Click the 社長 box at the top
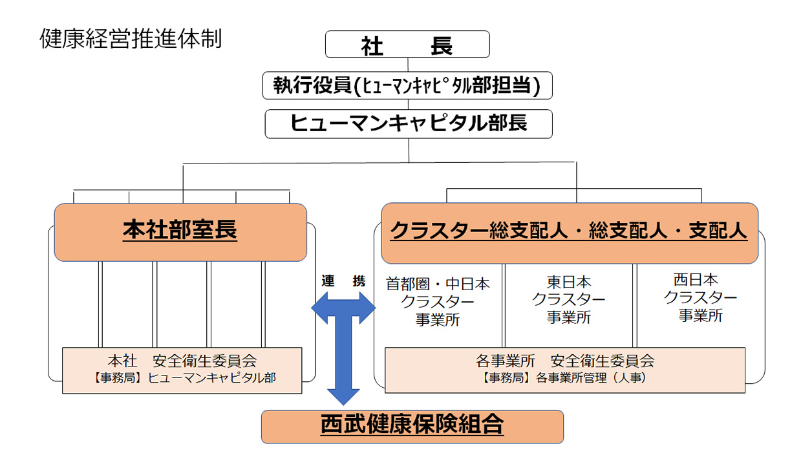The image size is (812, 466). (x=407, y=45)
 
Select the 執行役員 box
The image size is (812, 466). (x=407, y=85)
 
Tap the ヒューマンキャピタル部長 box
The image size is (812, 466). (x=409, y=123)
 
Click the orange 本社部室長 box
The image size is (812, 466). (x=180, y=231)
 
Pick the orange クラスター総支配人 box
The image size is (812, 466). (x=569, y=231)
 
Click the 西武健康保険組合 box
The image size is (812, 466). (x=412, y=426)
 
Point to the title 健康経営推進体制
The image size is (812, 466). (x=131, y=39)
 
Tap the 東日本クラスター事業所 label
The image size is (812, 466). (x=569, y=300)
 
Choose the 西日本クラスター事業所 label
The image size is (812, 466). (x=700, y=298)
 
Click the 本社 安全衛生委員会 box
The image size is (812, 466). (x=182, y=370)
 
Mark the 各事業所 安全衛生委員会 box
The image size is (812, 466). (x=564, y=370)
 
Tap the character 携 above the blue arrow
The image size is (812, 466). (x=359, y=282)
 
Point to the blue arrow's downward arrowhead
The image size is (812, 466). (x=343, y=396)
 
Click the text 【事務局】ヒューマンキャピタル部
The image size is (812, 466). (x=182, y=379)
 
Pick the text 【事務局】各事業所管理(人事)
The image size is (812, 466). (x=564, y=379)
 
